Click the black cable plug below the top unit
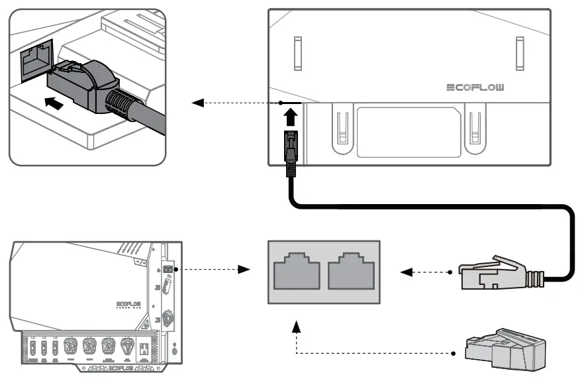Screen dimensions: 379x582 290,151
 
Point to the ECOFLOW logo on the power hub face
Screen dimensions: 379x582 129,305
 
